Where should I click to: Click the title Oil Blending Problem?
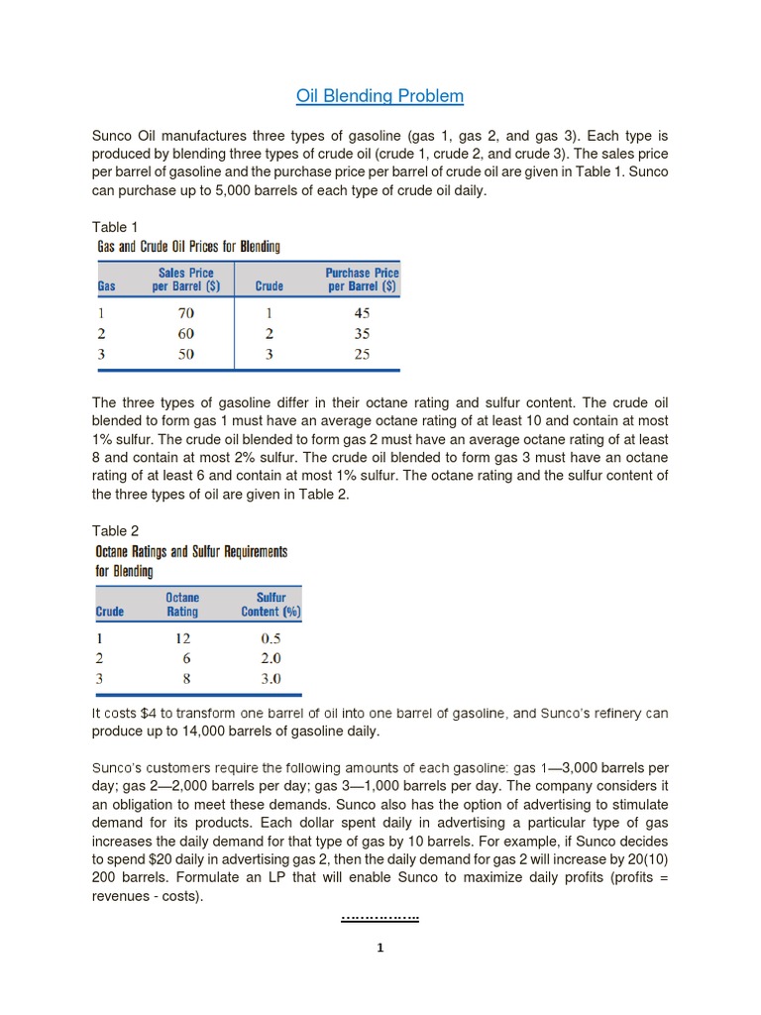[380, 96]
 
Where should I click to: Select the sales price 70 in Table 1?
[185, 312]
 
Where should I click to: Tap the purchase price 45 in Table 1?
[362, 312]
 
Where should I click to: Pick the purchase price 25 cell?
[362, 354]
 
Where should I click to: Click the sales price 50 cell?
[185, 354]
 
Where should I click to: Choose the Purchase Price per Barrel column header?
[362, 280]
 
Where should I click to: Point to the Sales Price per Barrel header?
[185, 280]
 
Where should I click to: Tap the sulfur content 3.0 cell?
[270, 679]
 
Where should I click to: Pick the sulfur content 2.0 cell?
[270, 658]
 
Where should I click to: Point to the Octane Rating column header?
[182, 605]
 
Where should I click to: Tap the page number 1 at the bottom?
[380, 948]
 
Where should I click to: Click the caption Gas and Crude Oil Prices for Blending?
[187, 246]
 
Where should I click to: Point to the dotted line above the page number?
[380, 919]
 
